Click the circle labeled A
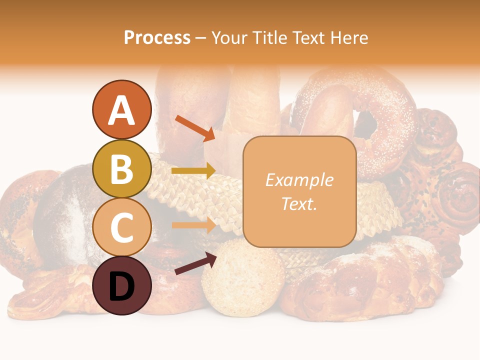(x=121, y=109)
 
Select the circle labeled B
(x=121, y=168)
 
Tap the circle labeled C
(x=121, y=227)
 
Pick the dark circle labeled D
(x=121, y=285)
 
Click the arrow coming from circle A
(x=195, y=127)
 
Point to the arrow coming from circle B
(x=193, y=171)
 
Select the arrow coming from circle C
(x=193, y=225)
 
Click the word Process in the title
(x=157, y=37)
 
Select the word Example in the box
(x=299, y=180)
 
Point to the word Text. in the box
(x=299, y=203)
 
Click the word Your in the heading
(x=229, y=37)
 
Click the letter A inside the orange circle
(x=121, y=110)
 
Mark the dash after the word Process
(x=200, y=38)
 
